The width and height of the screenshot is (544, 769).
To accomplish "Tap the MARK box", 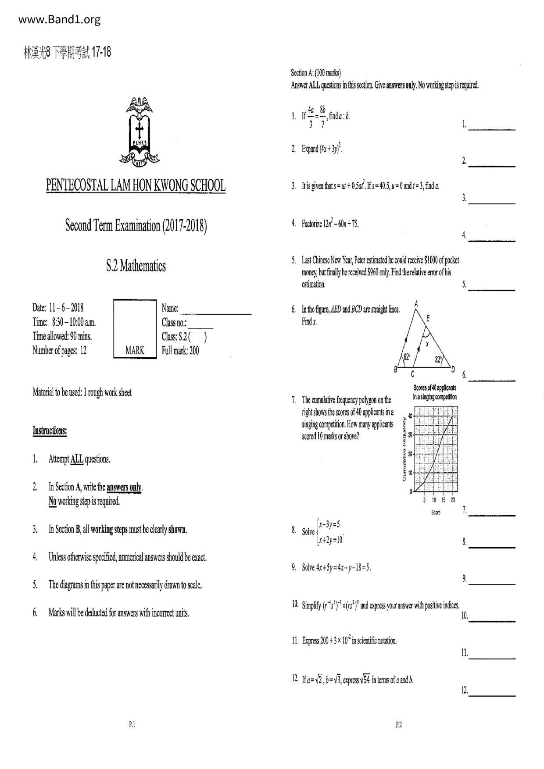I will pos(135,329).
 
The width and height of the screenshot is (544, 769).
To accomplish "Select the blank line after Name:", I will pos(215,312).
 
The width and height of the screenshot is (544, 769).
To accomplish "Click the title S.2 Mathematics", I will pos(136,266).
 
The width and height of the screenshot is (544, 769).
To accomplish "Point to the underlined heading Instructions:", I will pos(50,431).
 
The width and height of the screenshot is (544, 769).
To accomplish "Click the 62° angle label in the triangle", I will pos(407,357).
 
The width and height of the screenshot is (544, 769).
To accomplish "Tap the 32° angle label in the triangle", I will pos(438,360).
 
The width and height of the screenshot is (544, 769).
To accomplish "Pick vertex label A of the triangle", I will pos(416,303).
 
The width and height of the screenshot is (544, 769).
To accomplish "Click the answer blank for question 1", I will pos(492,128).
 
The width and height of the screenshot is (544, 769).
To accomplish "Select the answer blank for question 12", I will pos(492,694).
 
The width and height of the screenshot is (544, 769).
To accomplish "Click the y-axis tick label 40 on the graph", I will pos(410,416).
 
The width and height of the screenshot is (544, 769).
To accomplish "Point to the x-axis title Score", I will pos(436,513).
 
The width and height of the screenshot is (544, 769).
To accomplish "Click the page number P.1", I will pos(132,725).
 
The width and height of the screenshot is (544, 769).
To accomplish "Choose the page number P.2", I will pos(398,725).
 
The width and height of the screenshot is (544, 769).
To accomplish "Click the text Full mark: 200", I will pos(180,351).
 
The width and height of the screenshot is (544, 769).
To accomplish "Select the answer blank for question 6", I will pos(492,379).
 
